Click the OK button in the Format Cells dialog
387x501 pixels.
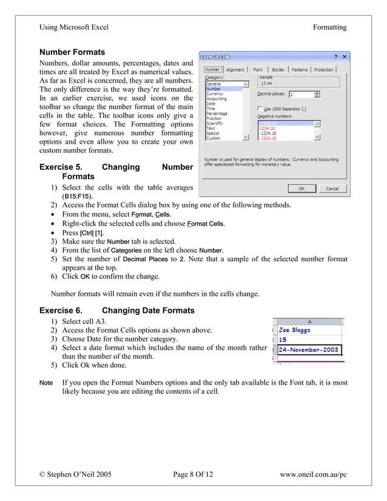301,189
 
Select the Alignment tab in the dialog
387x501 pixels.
235,70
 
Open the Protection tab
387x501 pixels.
323,70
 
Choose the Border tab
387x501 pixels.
278,70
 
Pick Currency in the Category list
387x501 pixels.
215,94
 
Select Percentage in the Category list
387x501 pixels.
217,113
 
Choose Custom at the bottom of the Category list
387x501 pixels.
214,138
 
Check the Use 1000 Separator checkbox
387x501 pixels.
261,109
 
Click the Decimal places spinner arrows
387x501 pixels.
317,95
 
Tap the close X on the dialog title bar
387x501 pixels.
344,57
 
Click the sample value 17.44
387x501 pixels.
266,84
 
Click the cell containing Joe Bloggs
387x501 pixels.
295,330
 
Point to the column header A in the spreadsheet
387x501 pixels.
309,321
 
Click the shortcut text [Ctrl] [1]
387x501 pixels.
92,233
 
